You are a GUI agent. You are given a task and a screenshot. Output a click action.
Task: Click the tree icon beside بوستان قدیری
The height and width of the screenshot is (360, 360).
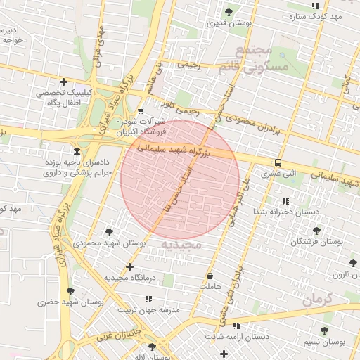tap(229, 12)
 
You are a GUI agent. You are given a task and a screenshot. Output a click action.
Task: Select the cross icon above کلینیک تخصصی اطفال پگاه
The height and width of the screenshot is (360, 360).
tap(64, 82)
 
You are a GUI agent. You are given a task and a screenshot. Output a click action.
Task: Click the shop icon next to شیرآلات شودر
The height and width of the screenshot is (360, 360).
tap(141, 111)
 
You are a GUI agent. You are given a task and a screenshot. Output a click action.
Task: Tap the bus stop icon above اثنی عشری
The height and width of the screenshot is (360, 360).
tap(278, 162)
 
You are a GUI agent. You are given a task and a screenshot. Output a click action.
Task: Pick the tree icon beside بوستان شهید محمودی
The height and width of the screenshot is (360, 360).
tap(109, 231)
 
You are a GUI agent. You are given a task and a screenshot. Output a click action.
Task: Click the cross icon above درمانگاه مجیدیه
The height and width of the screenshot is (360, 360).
tap(129, 266)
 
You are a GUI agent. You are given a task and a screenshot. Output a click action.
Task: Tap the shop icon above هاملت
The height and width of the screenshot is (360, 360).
tap(210, 276)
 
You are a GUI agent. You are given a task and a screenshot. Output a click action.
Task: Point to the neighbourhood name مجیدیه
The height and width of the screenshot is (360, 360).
tap(181, 244)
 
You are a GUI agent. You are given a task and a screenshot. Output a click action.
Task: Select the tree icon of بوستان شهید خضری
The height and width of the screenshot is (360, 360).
tap(70, 291)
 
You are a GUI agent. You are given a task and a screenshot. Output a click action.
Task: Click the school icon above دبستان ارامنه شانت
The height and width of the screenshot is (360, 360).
tap(236, 326)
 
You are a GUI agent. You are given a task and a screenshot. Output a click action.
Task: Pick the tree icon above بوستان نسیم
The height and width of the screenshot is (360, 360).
tap(324, 330)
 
